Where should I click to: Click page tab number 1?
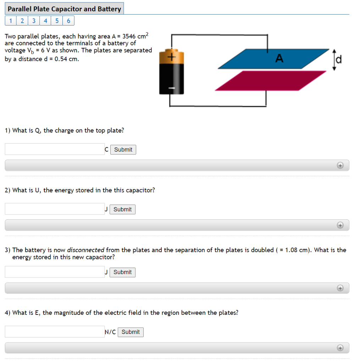(x=11, y=21)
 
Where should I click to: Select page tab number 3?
(x=34, y=21)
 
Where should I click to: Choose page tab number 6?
(x=68, y=21)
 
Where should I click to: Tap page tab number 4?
(x=45, y=21)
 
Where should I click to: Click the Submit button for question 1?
(x=123, y=150)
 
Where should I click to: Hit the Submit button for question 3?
(x=122, y=272)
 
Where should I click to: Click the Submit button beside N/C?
(x=131, y=332)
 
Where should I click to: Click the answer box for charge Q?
(x=55, y=149)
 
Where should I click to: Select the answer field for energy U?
(x=55, y=209)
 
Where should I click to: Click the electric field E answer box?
(x=55, y=332)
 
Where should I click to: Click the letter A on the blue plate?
(x=279, y=58)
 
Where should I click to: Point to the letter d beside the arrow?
(x=339, y=60)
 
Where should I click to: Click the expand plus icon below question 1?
(x=340, y=165)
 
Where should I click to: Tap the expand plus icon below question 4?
(x=340, y=348)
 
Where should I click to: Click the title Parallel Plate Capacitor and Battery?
(x=64, y=9)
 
